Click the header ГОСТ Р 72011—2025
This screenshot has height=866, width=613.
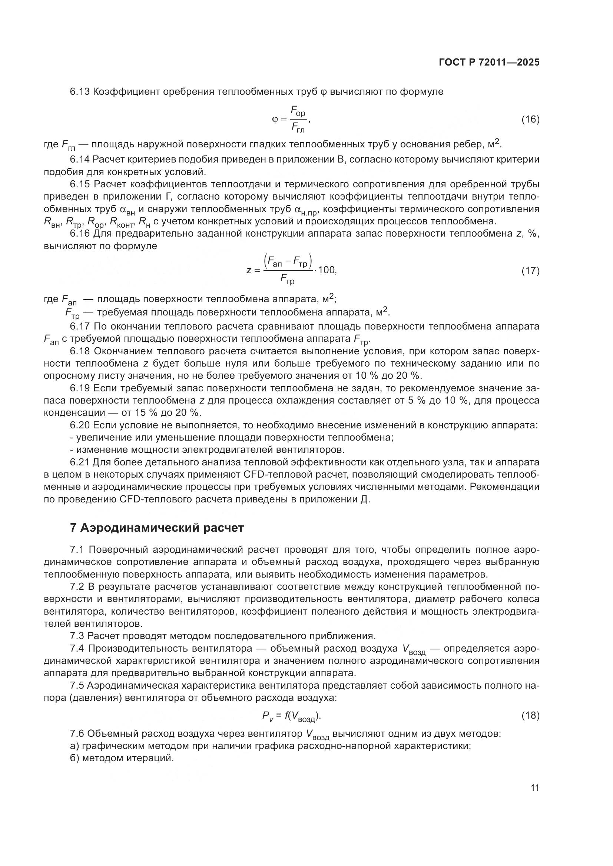489,62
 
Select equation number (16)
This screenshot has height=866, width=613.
530,120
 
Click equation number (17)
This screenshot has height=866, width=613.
530,270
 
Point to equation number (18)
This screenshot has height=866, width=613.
530,715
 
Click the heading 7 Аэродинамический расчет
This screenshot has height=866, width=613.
157,528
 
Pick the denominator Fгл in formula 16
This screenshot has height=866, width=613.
298,128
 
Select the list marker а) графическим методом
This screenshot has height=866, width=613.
74,746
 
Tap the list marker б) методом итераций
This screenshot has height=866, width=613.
74,758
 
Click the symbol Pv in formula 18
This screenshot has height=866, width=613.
267,716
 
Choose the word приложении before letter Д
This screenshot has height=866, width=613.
327,499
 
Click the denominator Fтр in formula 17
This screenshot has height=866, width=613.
288,280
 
